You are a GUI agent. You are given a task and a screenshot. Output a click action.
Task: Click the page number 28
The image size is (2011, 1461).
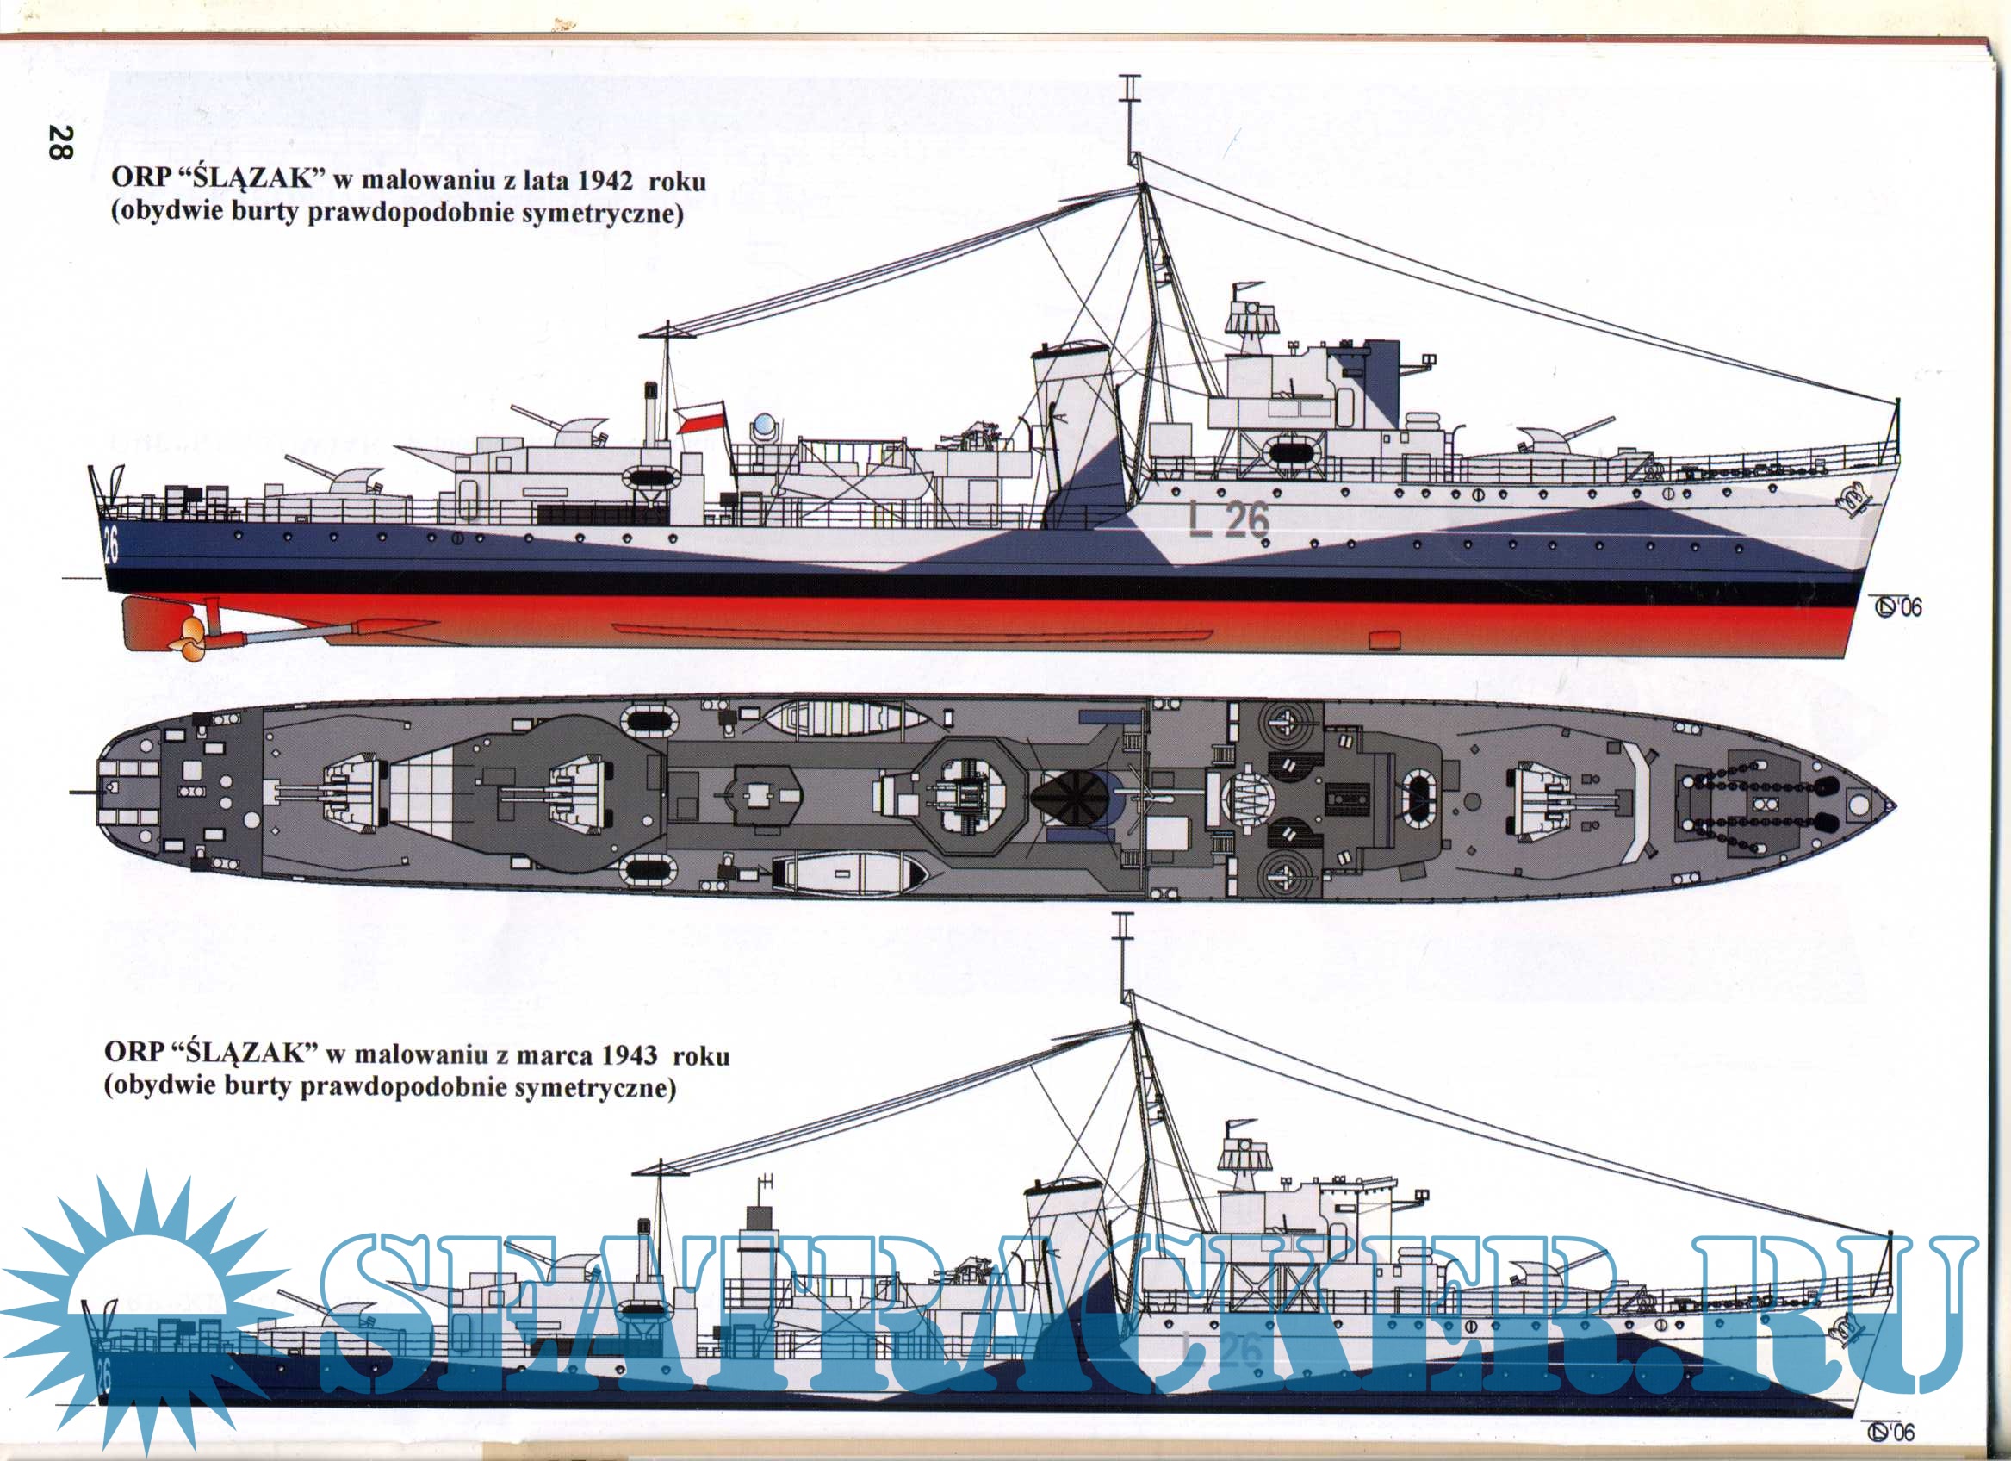click(60, 142)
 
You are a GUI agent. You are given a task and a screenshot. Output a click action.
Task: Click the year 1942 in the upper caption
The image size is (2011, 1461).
click(605, 180)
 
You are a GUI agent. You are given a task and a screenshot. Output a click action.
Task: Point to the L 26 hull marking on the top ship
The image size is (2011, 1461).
click(1228, 519)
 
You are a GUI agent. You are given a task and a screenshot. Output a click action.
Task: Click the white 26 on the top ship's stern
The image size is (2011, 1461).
click(111, 544)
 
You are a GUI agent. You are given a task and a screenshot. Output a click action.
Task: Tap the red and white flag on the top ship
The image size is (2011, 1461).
click(700, 416)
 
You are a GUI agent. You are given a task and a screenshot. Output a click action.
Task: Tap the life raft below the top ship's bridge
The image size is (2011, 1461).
click(1294, 453)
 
